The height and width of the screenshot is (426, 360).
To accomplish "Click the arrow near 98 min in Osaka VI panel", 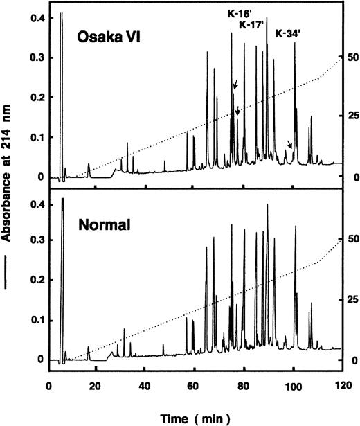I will coord(289,144).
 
